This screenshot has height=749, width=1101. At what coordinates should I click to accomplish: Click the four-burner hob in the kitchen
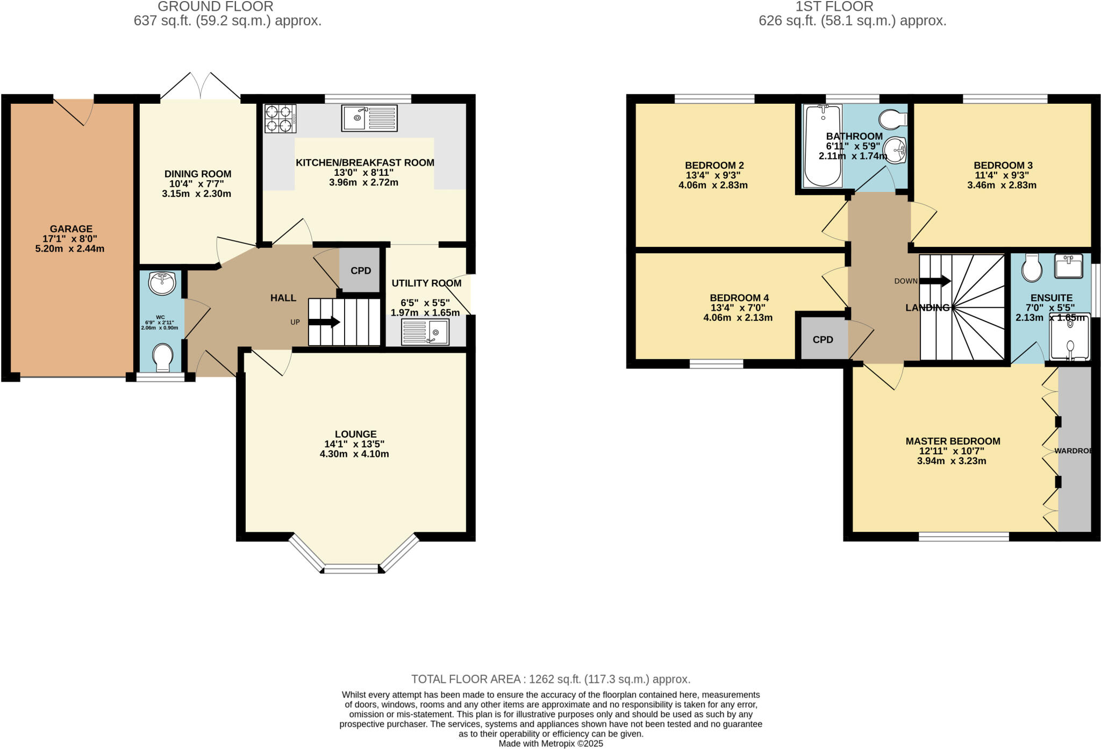[280, 118]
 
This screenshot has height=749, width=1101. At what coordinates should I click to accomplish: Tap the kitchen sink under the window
[369, 118]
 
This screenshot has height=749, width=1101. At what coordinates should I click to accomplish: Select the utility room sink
[425, 332]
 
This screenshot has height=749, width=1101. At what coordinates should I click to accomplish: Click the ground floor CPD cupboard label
[361, 270]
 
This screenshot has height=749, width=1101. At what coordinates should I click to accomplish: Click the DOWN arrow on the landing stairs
[935, 281]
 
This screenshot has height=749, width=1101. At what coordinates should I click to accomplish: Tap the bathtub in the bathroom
[823, 145]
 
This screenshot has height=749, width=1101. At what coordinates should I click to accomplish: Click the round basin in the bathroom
[895, 150]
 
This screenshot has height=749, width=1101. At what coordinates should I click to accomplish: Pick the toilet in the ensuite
[1031, 267]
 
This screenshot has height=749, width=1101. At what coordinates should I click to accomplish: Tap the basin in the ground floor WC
[162, 283]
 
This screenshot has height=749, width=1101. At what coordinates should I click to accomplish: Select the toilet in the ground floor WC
[162, 357]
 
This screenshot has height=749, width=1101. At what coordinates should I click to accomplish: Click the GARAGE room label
[71, 229]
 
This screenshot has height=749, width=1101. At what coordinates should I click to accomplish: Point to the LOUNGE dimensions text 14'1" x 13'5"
[354, 444]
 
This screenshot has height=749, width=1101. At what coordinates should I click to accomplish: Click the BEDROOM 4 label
[739, 297]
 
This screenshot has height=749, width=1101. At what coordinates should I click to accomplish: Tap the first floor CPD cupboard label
[823, 340]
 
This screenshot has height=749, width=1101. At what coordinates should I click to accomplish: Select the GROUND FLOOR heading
[215, 6]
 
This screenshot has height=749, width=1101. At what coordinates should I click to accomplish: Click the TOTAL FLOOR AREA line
[550, 679]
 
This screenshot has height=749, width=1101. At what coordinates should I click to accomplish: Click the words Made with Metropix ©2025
[550, 744]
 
